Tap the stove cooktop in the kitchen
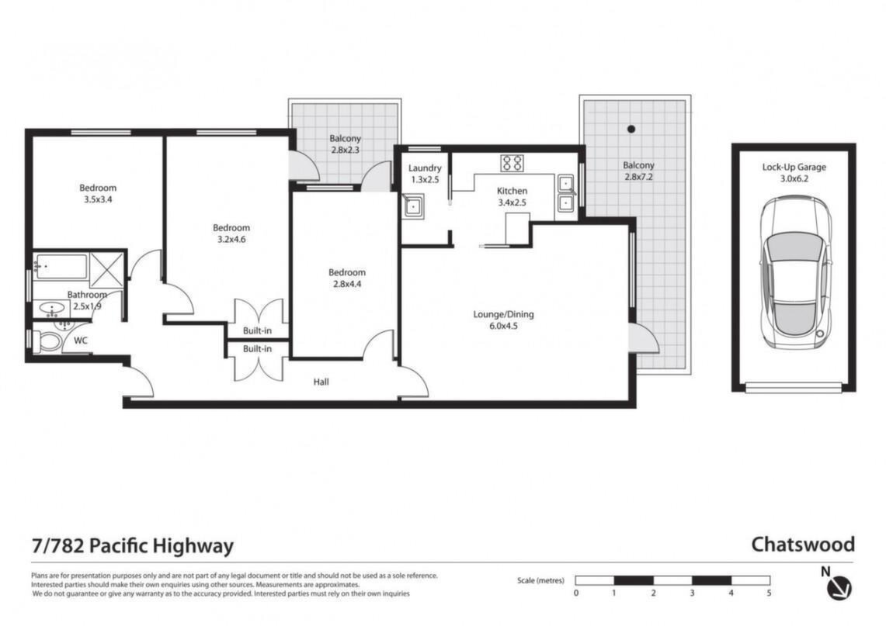512,163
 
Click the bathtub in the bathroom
61,266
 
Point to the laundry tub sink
414,206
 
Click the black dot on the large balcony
631,129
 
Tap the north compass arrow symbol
839,588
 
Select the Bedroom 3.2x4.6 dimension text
231,240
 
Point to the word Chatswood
802,545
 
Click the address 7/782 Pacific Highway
132,546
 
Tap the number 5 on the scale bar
769,593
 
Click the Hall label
321,382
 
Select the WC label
81,341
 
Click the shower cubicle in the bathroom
107,267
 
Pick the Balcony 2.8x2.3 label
346,144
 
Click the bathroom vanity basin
52,310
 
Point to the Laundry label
425,168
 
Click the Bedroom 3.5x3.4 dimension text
98,199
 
